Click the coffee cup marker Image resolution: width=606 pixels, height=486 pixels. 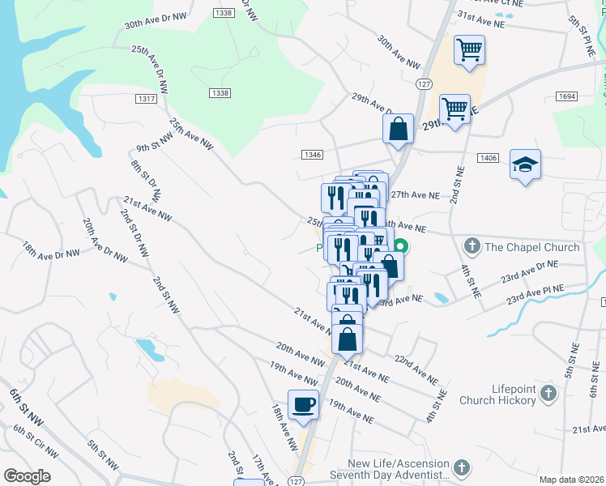click(x=303, y=404)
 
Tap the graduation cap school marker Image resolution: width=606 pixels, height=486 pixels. click(x=525, y=165)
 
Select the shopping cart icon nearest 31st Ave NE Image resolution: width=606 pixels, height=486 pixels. click(x=469, y=51)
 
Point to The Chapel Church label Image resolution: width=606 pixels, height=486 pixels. click(x=533, y=247)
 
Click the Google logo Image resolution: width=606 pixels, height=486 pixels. click(x=26, y=476)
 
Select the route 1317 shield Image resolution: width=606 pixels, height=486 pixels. click(x=147, y=98)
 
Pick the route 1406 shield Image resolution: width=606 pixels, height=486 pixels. click(x=488, y=158)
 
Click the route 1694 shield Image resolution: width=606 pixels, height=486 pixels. click(x=566, y=96)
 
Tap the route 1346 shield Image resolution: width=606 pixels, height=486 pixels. click(x=313, y=154)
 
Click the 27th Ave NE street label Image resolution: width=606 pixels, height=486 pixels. click(x=415, y=195)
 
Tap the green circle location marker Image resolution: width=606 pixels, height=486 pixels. click(x=400, y=246)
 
